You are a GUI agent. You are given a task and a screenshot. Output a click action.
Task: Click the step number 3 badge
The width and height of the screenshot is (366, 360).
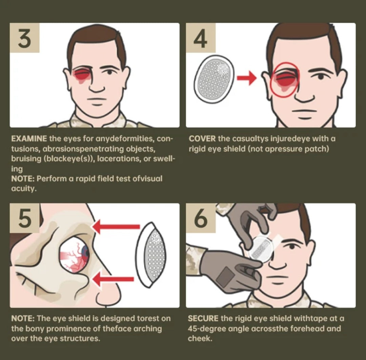point(24,38)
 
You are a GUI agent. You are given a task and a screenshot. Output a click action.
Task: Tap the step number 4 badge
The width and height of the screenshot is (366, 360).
point(201,38)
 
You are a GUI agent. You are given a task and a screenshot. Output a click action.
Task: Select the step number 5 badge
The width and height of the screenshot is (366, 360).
point(24,218)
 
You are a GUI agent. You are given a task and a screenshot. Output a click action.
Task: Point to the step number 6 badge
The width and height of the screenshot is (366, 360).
point(201,218)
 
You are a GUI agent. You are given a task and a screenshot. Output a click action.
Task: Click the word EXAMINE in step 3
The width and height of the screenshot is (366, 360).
point(29,139)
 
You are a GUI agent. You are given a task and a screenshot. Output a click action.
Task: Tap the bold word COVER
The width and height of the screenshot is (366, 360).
point(202,139)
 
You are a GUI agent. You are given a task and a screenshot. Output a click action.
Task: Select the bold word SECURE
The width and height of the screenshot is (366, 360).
point(203,318)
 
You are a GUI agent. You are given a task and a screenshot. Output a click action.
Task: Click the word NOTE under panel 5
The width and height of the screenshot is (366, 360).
point(23,318)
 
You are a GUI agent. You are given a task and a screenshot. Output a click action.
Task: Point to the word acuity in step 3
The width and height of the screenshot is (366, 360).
point(24,189)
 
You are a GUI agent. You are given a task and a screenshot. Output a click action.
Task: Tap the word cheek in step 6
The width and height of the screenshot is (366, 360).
point(200,339)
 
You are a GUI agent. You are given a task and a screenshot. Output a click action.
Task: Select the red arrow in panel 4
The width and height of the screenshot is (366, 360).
point(246,78)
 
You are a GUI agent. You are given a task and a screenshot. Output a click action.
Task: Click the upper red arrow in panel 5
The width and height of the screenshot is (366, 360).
point(116,227)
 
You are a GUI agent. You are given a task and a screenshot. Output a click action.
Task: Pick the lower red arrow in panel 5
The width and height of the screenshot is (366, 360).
point(113,279)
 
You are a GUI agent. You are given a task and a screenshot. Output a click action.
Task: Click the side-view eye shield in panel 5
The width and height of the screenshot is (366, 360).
point(151,255)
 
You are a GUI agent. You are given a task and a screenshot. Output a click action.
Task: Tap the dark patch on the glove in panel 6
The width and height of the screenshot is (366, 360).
point(225,278)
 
